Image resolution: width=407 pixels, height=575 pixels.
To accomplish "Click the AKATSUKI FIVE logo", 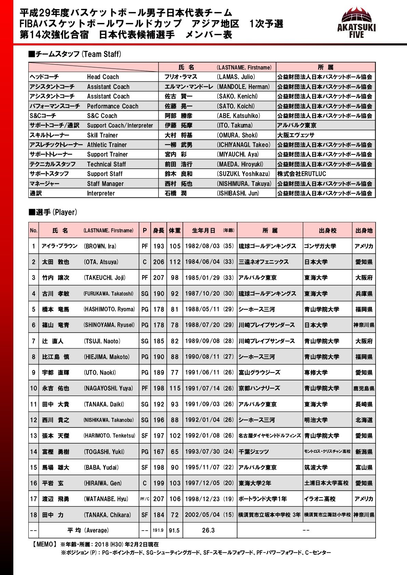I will tap(356, 23).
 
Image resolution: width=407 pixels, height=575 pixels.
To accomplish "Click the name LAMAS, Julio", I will tap(236, 77).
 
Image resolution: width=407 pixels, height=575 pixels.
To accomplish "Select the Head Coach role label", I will tap(103, 77).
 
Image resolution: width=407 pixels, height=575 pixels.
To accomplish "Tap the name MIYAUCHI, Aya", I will tap(238, 154).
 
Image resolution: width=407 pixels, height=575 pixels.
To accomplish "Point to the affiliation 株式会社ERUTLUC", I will tap(301, 174).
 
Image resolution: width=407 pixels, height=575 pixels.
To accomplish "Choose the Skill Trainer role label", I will tap(102, 135).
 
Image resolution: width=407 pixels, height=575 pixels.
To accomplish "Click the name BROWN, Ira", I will tap(100, 246).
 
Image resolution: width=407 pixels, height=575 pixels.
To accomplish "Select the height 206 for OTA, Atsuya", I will tap(159, 262).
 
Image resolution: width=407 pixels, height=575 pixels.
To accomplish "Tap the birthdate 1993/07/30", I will tap(202, 452).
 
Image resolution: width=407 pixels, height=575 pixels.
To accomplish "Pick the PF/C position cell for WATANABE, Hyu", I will tap(145, 499).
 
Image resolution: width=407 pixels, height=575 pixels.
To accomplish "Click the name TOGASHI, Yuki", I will tap(104, 452).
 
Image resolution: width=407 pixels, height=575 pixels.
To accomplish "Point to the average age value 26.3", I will tap(208, 530).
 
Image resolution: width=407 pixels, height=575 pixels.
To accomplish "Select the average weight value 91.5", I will tap(174, 530).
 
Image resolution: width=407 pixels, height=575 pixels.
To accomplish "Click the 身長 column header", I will tap(159, 230).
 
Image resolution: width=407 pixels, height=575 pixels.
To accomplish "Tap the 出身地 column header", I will tap(364, 230).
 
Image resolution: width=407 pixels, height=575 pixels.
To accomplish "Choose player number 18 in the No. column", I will tap(33, 515).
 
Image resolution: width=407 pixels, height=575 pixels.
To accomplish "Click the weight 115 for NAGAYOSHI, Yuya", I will tap(175, 388).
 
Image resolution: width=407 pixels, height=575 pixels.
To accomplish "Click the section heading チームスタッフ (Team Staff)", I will tap(75, 54).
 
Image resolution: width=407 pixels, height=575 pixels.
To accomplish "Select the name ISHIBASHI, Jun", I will tap(238, 193).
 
